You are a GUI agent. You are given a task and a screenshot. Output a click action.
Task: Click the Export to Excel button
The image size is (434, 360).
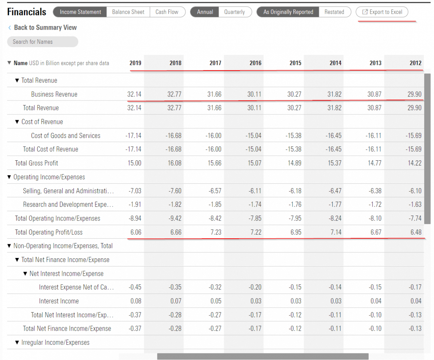(382, 12)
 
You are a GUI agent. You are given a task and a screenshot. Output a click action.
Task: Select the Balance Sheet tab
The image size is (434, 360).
(128, 12)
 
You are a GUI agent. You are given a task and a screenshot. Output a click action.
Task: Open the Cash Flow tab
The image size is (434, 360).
(167, 12)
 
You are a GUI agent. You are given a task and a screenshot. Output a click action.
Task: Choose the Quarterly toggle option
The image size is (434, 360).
(234, 12)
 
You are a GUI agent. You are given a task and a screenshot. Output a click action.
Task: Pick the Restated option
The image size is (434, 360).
(334, 12)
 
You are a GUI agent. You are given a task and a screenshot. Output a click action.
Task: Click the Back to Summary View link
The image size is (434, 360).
(45, 27)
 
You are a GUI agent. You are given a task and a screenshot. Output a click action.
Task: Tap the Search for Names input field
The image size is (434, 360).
(42, 42)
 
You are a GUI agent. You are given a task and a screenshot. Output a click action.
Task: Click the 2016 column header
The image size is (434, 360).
(255, 63)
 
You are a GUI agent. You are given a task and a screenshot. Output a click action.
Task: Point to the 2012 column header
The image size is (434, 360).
(415, 63)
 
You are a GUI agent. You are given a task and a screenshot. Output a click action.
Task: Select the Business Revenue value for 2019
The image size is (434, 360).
(134, 94)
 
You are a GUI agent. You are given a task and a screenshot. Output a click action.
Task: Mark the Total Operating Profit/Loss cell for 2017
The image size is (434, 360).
(215, 232)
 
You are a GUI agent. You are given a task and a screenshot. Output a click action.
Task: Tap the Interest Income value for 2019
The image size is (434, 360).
(136, 301)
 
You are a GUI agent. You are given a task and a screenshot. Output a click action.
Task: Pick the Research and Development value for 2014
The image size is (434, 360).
(335, 204)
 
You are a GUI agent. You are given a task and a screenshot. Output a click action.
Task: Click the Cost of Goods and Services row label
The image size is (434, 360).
(66, 135)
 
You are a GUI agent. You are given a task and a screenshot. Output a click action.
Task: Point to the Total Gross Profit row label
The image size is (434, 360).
(36, 163)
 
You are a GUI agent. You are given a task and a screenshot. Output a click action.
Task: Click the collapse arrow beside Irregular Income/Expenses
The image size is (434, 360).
(17, 343)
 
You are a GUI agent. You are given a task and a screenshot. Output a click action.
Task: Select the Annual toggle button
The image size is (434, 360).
(205, 12)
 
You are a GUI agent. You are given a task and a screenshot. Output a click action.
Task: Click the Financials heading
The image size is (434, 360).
(27, 12)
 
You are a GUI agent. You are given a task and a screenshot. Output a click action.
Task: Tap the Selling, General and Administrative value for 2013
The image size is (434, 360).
(375, 191)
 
